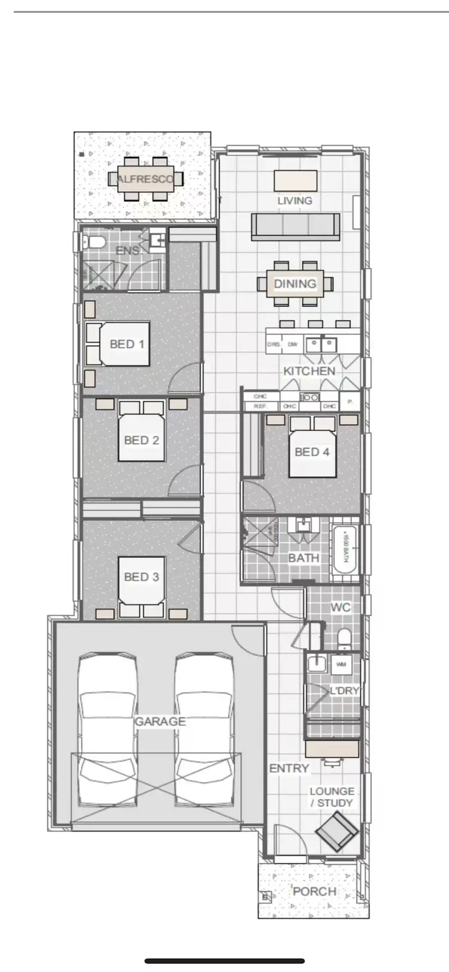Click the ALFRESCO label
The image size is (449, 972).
point(146,179)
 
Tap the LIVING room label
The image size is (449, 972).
point(295,201)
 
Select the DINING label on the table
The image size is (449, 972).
point(295,283)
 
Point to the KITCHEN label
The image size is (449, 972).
point(309,371)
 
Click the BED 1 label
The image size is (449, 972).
point(127,344)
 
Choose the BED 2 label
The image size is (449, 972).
point(141,440)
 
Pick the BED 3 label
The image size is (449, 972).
point(141,576)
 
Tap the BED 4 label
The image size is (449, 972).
point(312,452)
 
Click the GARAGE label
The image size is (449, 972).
point(160,721)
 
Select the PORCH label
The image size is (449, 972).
point(314,891)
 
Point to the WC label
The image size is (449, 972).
point(341,607)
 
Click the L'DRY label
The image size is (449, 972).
point(344,690)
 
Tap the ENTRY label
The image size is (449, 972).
point(289,768)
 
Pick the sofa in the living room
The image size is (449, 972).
point(296,227)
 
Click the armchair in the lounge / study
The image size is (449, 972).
point(337,830)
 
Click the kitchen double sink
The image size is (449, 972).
point(321,345)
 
